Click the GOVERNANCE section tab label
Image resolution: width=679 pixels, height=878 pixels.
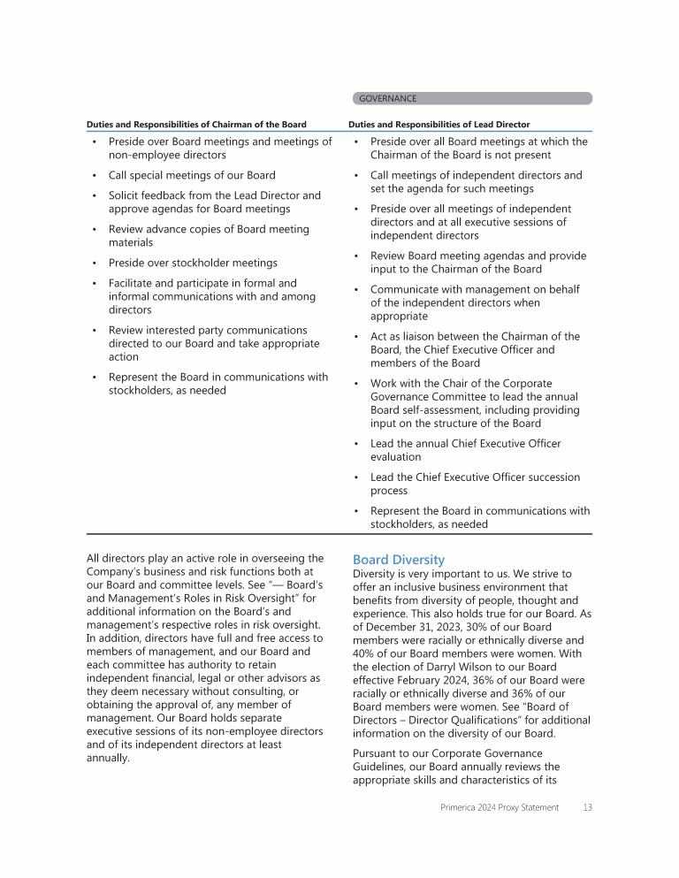click(387, 99)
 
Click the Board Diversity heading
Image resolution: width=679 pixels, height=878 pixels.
click(399, 560)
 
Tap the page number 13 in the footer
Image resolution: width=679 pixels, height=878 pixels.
click(587, 807)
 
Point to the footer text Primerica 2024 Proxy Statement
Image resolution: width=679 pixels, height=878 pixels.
click(500, 807)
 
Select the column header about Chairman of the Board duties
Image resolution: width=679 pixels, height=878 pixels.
click(196, 125)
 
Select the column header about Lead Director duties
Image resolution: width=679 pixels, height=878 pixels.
click(439, 125)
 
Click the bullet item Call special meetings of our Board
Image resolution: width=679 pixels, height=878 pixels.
click(192, 175)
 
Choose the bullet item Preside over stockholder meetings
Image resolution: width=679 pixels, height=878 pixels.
click(193, 263)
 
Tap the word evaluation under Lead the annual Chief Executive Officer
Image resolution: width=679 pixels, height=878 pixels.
click(396, 457)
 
